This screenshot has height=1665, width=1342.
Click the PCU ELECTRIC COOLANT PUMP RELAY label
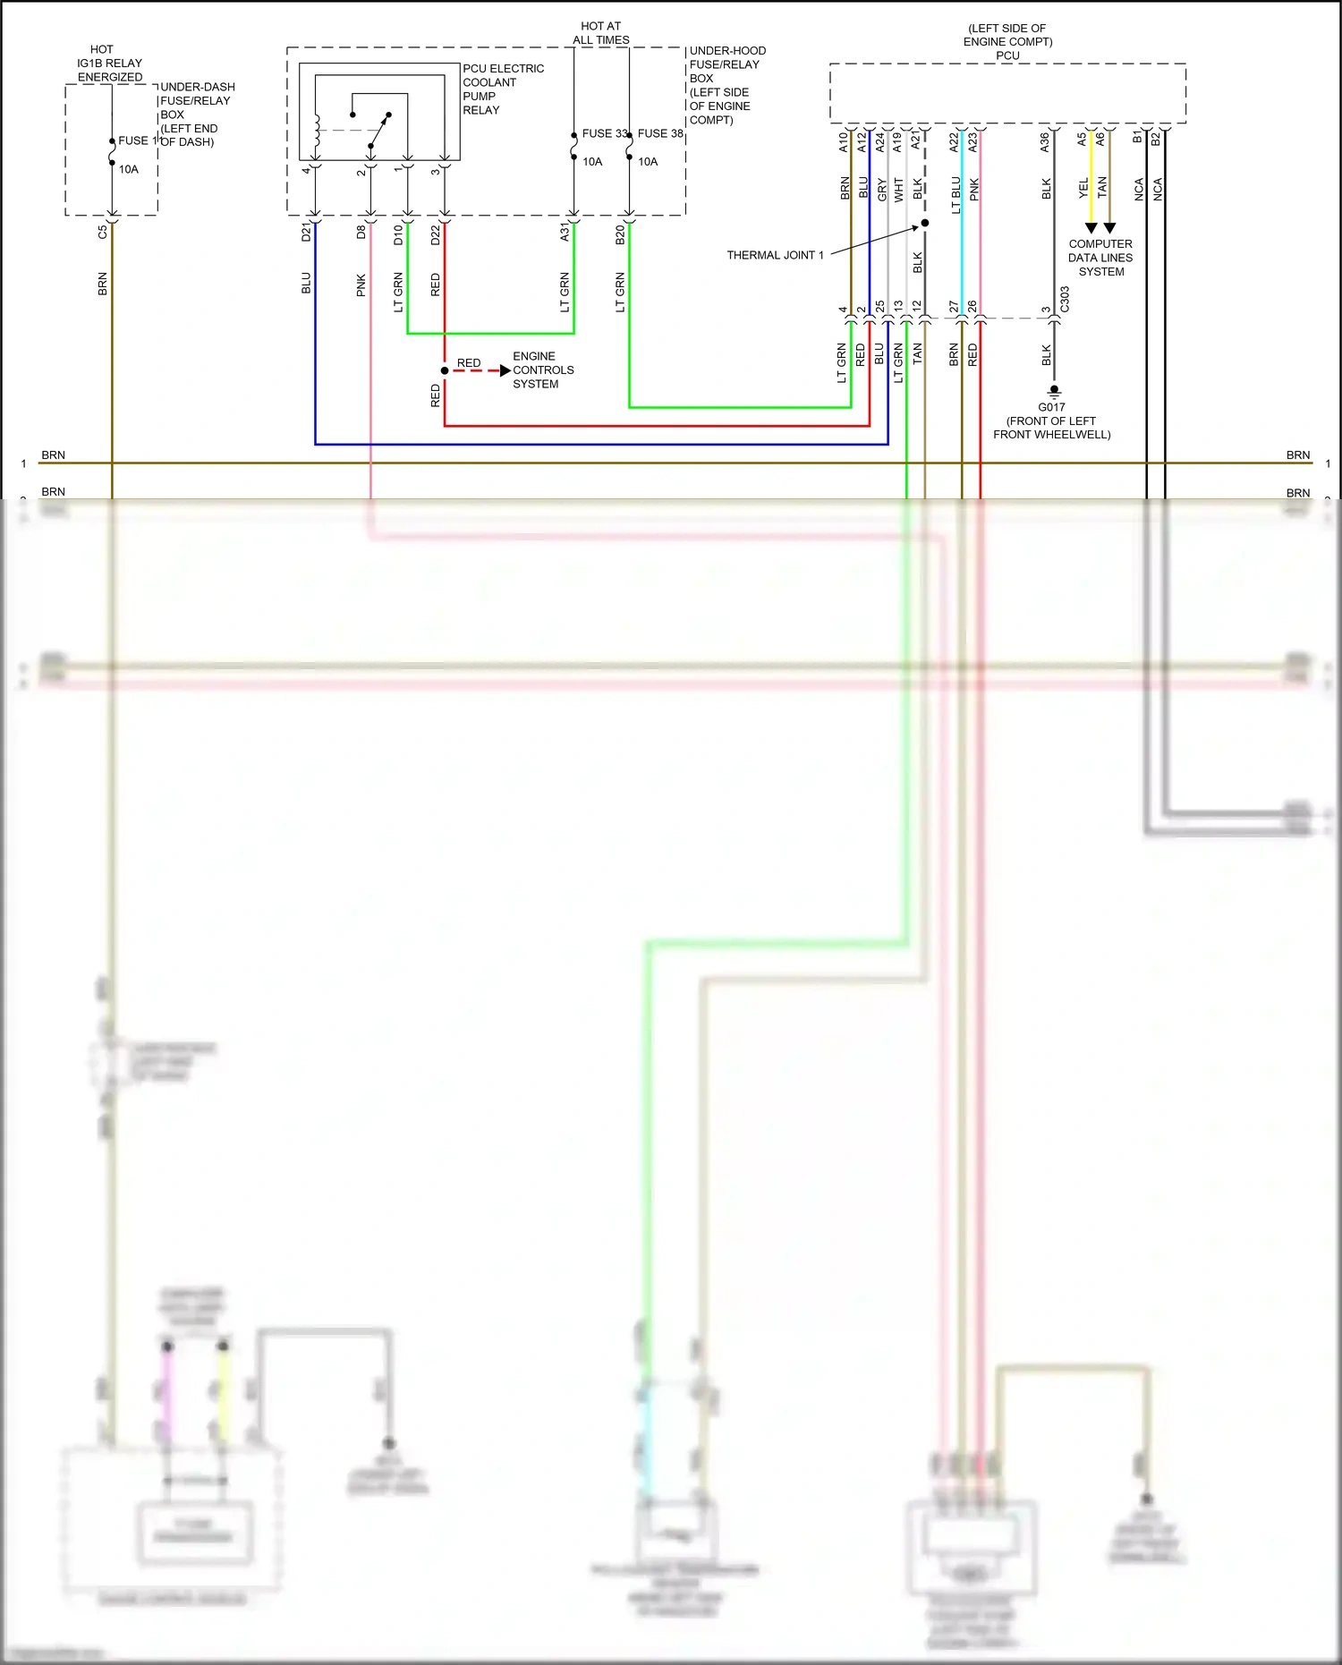[x=502, y=89]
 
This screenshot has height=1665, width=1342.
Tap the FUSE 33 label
[x=604, y=133]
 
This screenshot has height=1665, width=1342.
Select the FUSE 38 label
[x=660, y=133]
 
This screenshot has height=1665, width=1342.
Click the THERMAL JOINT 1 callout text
[x=775, y=255]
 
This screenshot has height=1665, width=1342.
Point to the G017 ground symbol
[x=1054, y=391]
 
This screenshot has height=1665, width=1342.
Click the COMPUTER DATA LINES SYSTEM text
[x=1100, y=258]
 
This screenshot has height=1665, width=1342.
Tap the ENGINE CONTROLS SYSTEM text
[x=542, y=370]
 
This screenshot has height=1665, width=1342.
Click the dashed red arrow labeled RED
[x=480, y=370]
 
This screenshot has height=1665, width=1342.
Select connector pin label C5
[x=103, y=232]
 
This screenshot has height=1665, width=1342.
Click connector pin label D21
[x=306, y=233]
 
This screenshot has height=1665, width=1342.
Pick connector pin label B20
[x=620, y=234]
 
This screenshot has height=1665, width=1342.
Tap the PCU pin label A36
[x=1044, y=141]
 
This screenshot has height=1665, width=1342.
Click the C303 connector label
[x=1065, y=299]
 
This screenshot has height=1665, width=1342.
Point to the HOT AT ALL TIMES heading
[x=600, y=33]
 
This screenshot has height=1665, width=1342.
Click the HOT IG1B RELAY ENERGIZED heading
[x=108, y=63]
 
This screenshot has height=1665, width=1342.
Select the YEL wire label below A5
[x=1083, y=188]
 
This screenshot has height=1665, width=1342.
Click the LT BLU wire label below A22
[x=956, y=194]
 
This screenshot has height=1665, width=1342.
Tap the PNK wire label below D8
[x=361, y=285]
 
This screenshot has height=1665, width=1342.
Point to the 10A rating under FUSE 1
[x=129, y=169]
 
